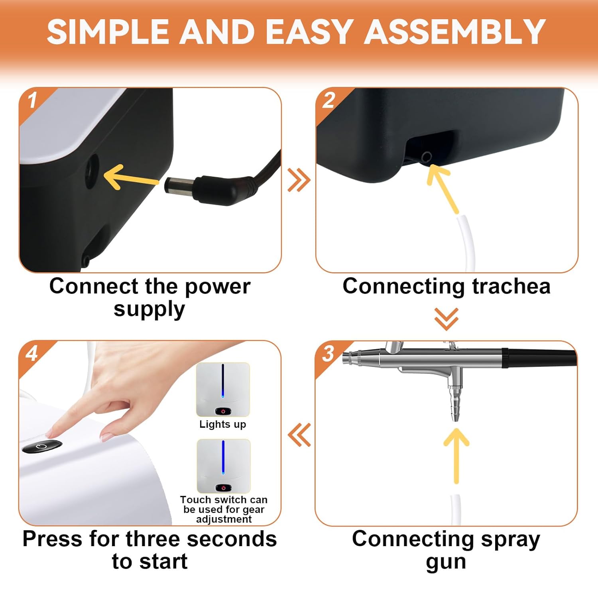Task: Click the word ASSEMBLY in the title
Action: pos(455,31)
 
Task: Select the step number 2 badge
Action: pos(329,100)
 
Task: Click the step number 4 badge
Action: pos(32,353)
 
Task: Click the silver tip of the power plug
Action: pos(180,186)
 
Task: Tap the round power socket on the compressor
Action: pos(92,171)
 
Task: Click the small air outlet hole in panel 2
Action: pos(427,157)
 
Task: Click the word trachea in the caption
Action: pos(511,286)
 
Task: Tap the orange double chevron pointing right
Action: pos(299,180)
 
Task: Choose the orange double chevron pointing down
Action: pos(446,319)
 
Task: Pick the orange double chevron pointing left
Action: pos(299,435)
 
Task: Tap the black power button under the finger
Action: pos(42,447)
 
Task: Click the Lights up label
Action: pos(223,424)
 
